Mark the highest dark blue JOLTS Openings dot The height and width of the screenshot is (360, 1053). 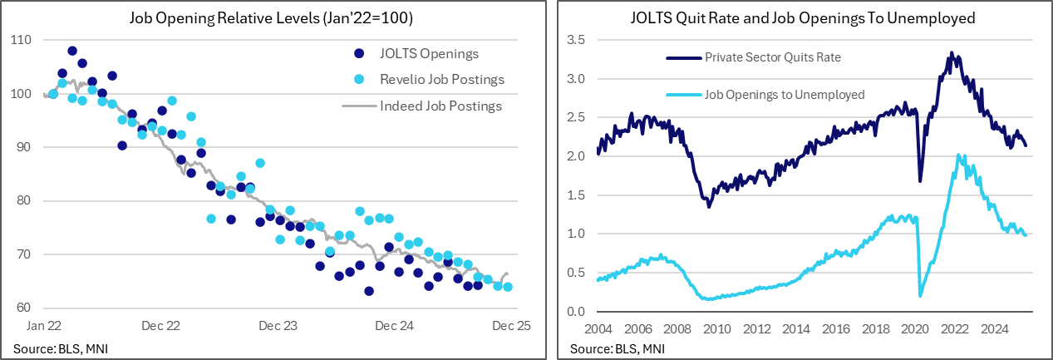pyautogui.click(x=72, y=51)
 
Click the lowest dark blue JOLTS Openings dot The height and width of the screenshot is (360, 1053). pyautogui.click(x=369, y=291)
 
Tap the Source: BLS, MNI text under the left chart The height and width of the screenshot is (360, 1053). pyautogui.click(x=61, y=348)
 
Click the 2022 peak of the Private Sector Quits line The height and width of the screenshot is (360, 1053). pyautogui.click(x=951, y=53)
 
